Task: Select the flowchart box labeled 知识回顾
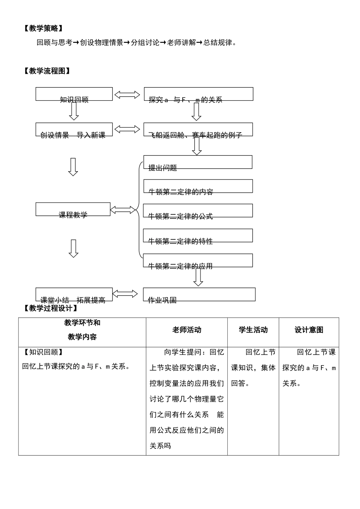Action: (74, 94)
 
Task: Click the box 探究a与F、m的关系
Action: (198, 94)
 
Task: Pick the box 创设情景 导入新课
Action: (74, 130)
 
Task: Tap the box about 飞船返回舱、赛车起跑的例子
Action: (198, 130)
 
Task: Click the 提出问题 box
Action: (197, 162)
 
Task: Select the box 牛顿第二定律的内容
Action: (198, 186)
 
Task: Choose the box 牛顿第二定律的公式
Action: (198, 211)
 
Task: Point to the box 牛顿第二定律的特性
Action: (198, 236)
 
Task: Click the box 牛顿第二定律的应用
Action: (198, 261)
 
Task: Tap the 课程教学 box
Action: (73, 209)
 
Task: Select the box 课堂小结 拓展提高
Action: (74, 295)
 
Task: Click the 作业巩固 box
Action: (199, 295)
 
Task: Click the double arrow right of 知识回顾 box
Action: (127, 95)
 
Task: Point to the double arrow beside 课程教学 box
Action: (123, 210)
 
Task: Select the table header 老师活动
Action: (186, 330)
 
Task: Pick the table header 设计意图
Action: (309, 330)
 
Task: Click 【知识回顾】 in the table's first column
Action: (43, 352)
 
